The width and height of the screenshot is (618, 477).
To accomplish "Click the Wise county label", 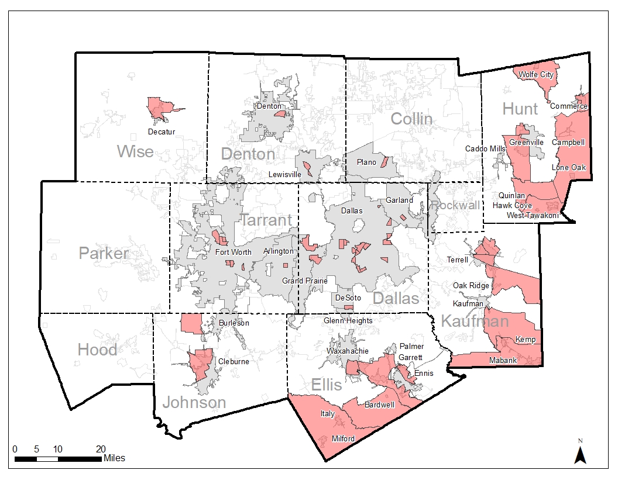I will (x=135, y=152).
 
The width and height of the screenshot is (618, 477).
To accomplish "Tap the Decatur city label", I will (x=162, y=132).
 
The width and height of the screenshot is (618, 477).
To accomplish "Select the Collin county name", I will (x=411, y=119).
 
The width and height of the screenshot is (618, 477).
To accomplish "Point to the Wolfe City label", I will (x=536, y=75).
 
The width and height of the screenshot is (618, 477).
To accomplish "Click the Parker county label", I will (x=104, y=254).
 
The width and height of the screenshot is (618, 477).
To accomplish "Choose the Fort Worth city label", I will (x=233, y=253).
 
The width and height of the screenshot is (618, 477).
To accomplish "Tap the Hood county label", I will (x=97, y=350).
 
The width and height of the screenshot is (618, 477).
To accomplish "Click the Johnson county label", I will (x=194, y=402).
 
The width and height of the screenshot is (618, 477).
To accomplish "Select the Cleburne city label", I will (x=234, y=362).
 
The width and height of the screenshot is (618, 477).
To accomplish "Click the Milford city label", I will (x=343, y=438).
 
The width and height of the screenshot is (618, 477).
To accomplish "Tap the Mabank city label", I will (x=503, y=361).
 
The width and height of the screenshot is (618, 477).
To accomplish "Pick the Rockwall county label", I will (x=455, y=205).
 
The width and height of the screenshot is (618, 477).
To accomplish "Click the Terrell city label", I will (x=457, y=260).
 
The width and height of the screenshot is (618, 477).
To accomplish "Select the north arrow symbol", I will (x=580, y=452).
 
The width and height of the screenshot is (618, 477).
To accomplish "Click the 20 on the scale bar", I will (x=101, y=449).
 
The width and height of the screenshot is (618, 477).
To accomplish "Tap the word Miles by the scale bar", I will (x=114, y=458).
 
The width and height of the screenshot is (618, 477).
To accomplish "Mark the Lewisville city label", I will (x=284, y=174).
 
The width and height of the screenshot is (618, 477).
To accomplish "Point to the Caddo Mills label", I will (x=485, y=149).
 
